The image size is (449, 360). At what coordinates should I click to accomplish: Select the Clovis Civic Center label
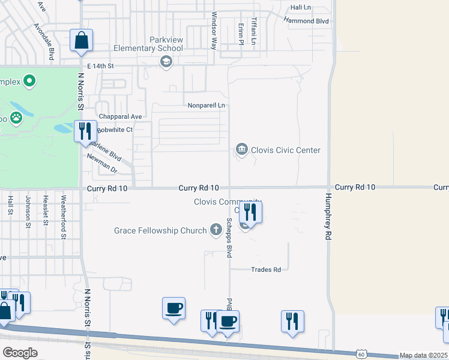286,150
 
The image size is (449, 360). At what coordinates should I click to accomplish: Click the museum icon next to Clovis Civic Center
242,149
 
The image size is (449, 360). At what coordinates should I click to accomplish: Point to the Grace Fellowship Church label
161,230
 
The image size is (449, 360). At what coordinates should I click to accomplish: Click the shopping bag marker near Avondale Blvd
81,41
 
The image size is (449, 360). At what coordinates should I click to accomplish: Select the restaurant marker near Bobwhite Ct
85,131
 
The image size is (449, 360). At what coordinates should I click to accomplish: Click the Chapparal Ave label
120,116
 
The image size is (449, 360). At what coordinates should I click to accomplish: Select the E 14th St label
100,65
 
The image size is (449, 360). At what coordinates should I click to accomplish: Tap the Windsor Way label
213,31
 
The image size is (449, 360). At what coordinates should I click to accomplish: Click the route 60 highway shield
360,354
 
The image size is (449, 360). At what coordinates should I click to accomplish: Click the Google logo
20,352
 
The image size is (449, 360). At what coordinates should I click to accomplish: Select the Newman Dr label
101,163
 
